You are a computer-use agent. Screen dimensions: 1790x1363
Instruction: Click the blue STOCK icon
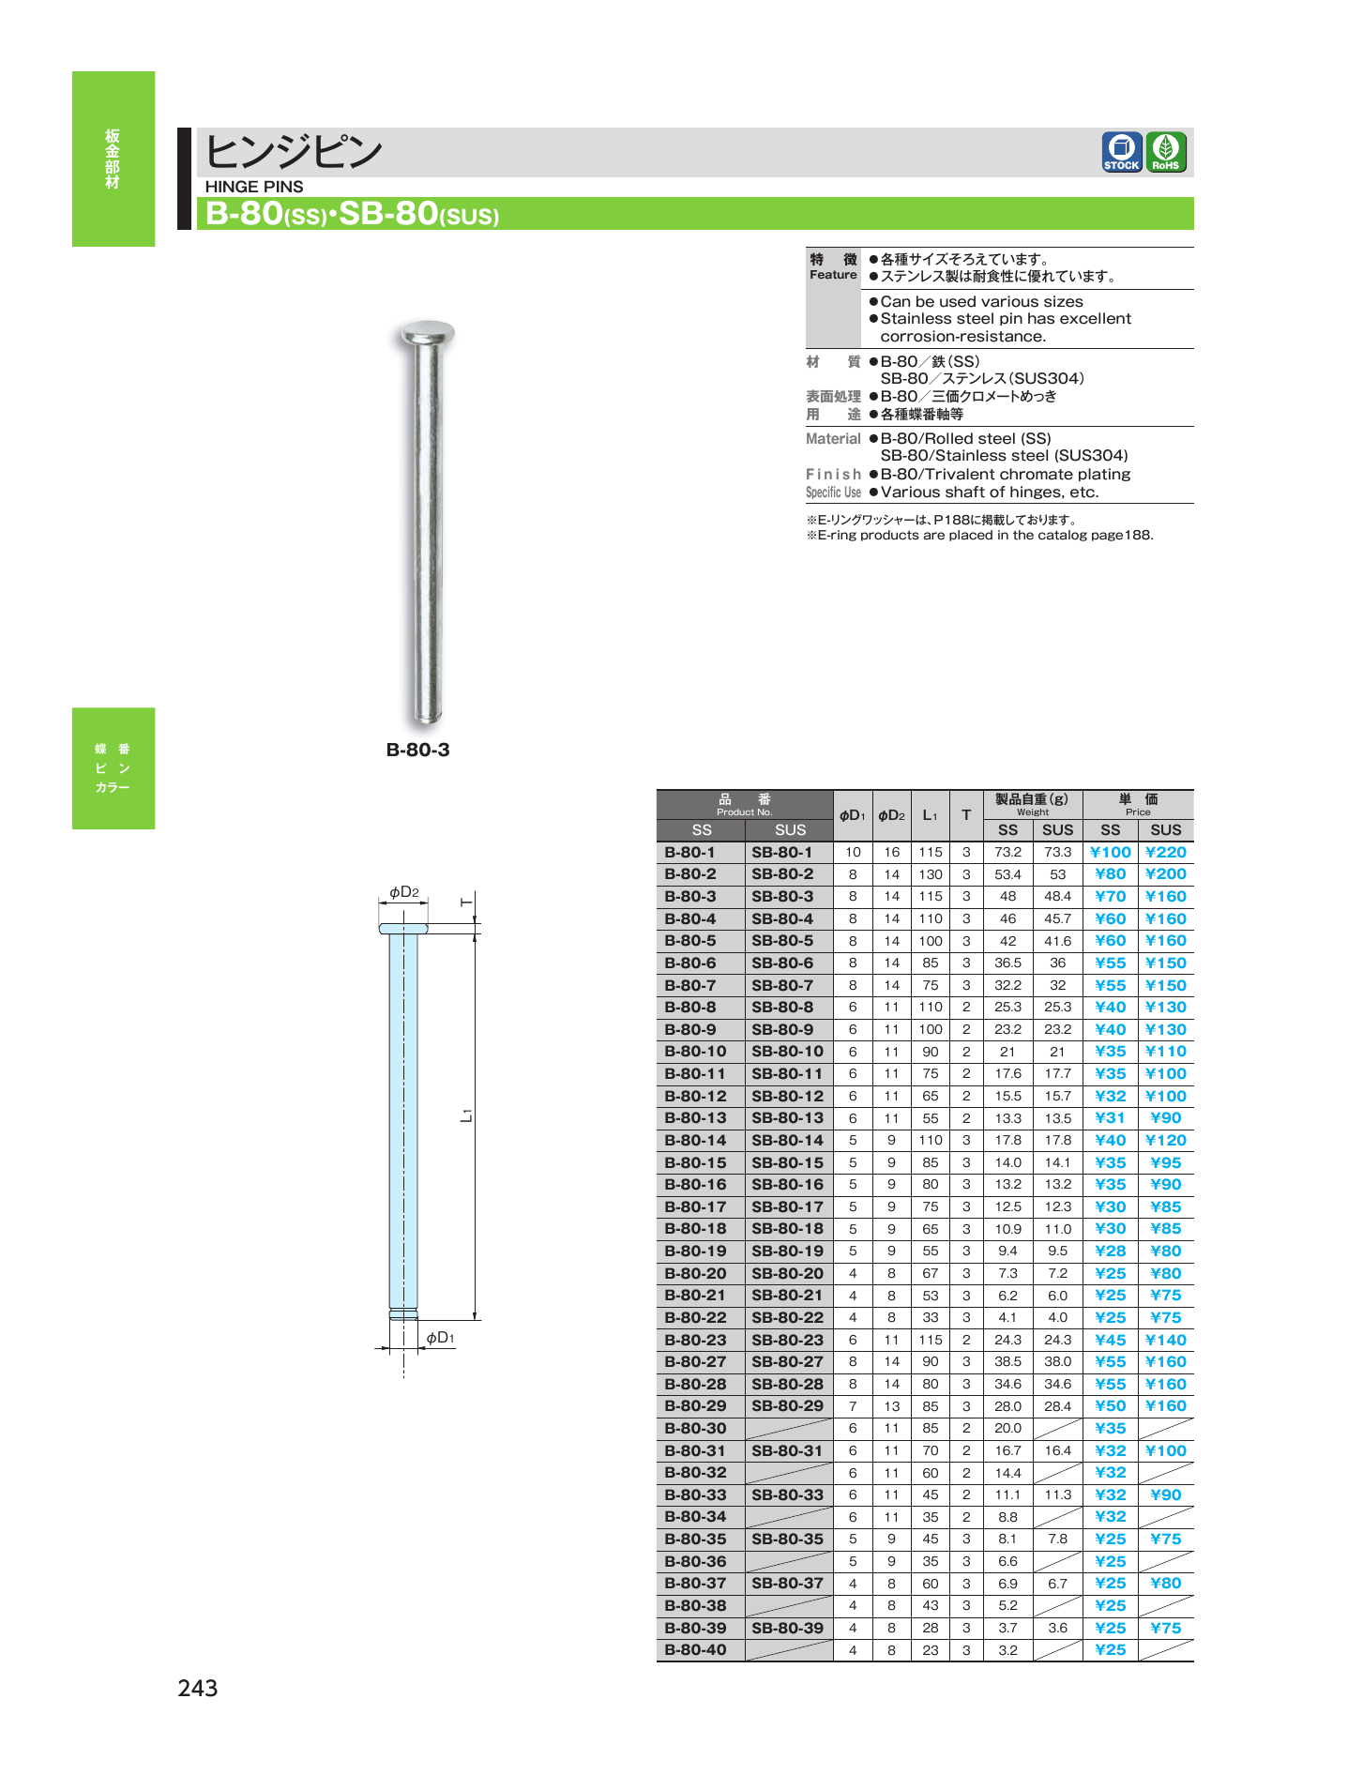point(1121,152)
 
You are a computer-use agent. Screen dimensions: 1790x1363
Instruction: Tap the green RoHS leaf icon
point(1166,152)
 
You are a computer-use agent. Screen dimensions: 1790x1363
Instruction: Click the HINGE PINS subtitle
point(254,187)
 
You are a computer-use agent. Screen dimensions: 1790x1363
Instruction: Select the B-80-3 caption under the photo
point(417,750)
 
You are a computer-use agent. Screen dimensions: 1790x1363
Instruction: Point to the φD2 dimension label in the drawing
point(404,892)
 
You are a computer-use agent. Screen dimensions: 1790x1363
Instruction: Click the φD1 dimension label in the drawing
point(440,1337)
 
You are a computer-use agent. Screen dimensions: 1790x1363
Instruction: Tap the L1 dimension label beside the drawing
point(466,1115)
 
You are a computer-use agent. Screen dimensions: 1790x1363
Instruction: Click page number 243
point(198,1688)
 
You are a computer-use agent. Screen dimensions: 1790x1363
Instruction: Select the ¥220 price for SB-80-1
point(1165,852)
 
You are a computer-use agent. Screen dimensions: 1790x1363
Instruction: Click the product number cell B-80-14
point(695,1140)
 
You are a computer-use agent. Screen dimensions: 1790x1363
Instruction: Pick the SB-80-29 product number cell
point(787,1405)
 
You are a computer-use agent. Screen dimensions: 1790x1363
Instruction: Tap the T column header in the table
point(965,815)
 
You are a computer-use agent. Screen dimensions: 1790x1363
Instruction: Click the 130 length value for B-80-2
point(930,874)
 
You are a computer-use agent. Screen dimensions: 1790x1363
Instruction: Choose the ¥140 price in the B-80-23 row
point(1165,1340)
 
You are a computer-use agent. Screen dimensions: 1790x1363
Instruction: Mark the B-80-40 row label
point(695,1649)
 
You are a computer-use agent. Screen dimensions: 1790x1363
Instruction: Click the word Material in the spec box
point(833,438)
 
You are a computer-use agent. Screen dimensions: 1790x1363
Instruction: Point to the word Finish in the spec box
point(833,474)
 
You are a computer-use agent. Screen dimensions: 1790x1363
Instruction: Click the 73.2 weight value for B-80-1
point(1007,852)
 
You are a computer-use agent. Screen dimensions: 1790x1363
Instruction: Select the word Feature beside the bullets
point(833,275)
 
